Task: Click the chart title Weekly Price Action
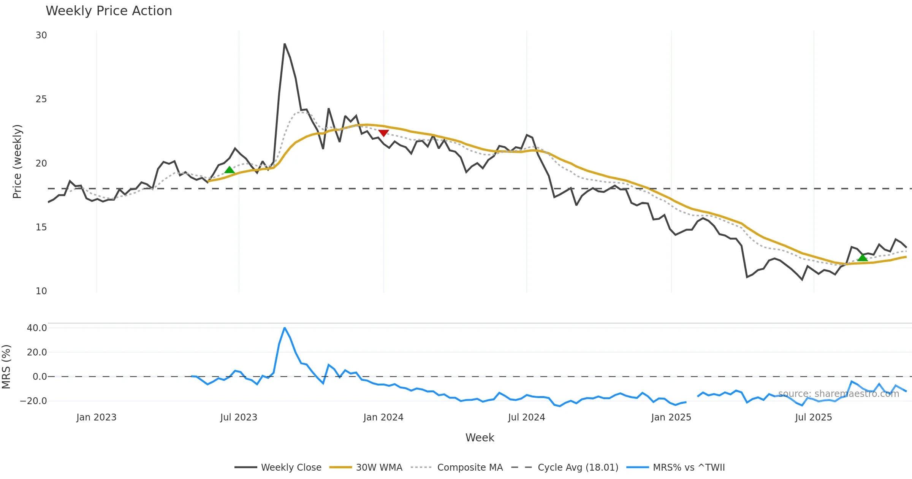[x=109, y=11]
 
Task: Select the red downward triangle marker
[x=383, y=133]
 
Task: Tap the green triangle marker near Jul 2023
[x=230, y=170]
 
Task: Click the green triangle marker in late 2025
[x=863, y=258]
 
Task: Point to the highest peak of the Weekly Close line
[x=285, y=44]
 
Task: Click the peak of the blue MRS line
[x=285, y=328]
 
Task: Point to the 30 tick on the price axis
[x=41, y=35]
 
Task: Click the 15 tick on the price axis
[x=41, y=227]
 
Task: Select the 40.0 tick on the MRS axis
[x=37, y=328]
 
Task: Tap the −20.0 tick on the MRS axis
[x=33, y=401]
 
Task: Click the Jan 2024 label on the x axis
[x=383, y=417]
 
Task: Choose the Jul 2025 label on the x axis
[x=813, y=417]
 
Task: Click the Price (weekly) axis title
[x=17, y=162]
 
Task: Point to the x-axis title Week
[x=480, y=438]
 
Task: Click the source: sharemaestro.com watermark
[x=838, y=394]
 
